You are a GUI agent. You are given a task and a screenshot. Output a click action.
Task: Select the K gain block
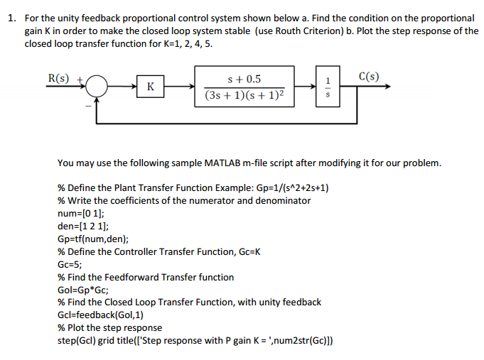point(151,87)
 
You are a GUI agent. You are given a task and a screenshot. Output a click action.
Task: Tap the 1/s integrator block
point(328,87)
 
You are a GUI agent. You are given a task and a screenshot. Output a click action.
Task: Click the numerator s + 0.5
point(244,79)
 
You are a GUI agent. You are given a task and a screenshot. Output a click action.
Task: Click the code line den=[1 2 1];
point(80,226)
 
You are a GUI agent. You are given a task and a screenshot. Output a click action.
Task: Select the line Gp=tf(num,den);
point(93,239)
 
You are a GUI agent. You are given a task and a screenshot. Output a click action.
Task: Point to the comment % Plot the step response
point(109,328)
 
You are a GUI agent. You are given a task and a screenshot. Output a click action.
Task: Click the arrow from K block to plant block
point(179,87)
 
